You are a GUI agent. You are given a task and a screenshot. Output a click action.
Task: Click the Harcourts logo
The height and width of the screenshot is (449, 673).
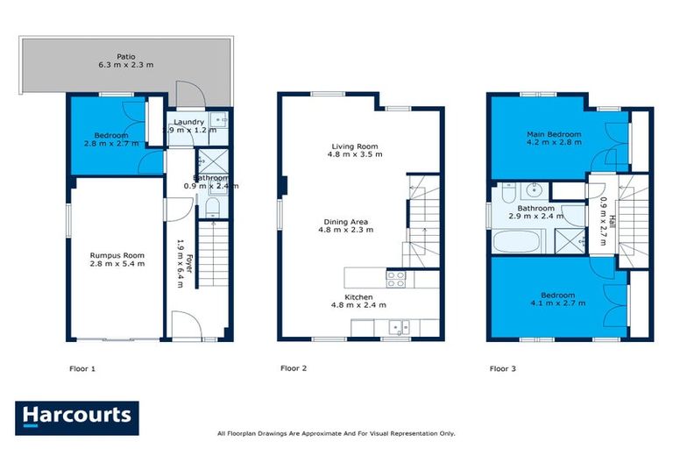click(77, 417)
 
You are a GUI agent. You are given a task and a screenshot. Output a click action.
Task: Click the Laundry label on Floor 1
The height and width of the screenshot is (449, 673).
click(189, 122)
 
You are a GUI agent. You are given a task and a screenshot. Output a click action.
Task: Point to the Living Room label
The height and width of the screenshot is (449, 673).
click(354, 146)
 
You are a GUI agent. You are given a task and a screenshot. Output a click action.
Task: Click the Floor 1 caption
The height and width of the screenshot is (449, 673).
click(82, 369)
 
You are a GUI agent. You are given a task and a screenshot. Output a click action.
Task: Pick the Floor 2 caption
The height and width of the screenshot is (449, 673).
click(293, 369)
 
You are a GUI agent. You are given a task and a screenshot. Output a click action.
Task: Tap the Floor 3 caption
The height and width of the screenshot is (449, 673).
click(503, 369)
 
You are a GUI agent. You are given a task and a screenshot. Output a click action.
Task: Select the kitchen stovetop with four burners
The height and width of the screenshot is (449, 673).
click(395, 278)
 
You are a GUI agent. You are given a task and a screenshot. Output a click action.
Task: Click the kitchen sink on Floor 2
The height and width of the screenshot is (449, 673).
click(400, 328)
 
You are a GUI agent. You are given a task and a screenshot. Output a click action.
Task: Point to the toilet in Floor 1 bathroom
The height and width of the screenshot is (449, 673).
click(212, 206)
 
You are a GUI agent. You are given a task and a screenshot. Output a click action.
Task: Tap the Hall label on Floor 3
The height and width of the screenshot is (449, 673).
click(612, 224)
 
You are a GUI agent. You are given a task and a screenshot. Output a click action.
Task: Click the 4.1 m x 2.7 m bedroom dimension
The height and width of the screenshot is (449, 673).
click(557, 303)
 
